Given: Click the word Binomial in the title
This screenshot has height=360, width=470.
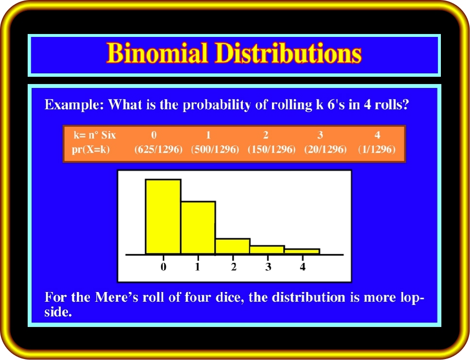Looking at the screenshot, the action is tap(157, 53).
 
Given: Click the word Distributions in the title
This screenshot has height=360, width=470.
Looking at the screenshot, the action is tap(288, 53).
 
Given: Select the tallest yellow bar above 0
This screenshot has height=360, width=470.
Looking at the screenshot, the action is tap(163, 217).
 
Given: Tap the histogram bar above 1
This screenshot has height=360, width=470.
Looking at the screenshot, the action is tap(198, 228).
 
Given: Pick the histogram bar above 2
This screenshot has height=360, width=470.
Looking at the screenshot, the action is tap(233, 246).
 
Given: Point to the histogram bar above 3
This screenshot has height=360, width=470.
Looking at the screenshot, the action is tap(268, 250).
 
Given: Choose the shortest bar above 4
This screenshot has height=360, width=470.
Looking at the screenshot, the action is tap(302, 251).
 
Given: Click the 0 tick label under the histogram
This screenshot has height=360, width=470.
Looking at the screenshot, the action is tap(163, 267).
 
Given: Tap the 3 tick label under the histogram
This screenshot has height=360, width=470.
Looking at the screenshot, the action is tap(268, 267).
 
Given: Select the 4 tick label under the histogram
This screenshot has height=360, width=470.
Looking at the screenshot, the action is tap(303, 267).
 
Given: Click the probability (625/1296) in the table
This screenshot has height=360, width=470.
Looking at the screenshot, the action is tap(158, 150).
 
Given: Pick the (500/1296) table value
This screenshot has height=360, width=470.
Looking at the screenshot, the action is tap(215, 150).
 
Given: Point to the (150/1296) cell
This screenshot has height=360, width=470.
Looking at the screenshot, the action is tap(271, 150).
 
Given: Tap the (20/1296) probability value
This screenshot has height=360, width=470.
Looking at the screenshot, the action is tap(325, 150).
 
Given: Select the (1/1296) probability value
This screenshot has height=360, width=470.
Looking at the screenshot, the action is tap(377, 150).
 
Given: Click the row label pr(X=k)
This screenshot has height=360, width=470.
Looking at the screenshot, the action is tap(91, 150).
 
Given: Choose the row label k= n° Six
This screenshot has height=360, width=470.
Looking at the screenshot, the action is tap(95, 135).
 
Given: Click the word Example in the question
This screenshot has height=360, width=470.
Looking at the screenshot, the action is tap(74, 105).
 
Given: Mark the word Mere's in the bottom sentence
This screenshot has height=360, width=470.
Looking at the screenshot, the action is tap(117, 297).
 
